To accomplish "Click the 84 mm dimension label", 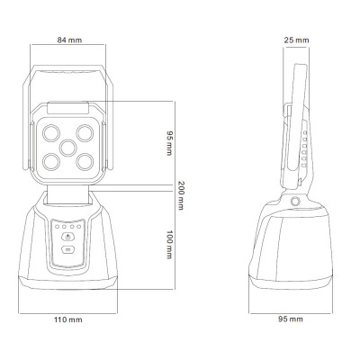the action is (69, 40).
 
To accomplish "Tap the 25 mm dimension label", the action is (296, 40).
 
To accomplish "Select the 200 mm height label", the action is (181, 195).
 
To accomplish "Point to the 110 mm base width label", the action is (68, 319).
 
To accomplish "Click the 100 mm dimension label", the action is (169, 245).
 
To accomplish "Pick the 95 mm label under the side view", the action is (291, 319).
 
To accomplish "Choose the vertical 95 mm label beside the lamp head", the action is (169, 143).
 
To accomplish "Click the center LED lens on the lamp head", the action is (67, 148).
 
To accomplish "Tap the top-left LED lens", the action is (51, 133).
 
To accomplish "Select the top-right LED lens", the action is (85, 133).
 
